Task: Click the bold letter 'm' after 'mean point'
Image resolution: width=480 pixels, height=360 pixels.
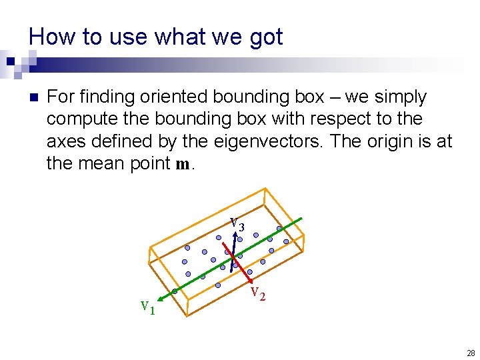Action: [x=183, y=164]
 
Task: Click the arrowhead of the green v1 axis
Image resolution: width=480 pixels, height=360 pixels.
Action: [x=158, y=297]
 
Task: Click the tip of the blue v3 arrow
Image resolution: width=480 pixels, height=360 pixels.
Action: [x=237, y=231]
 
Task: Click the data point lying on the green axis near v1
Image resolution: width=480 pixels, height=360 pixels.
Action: [x=175, y=291]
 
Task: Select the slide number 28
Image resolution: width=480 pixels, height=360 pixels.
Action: [x=471, y=353]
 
